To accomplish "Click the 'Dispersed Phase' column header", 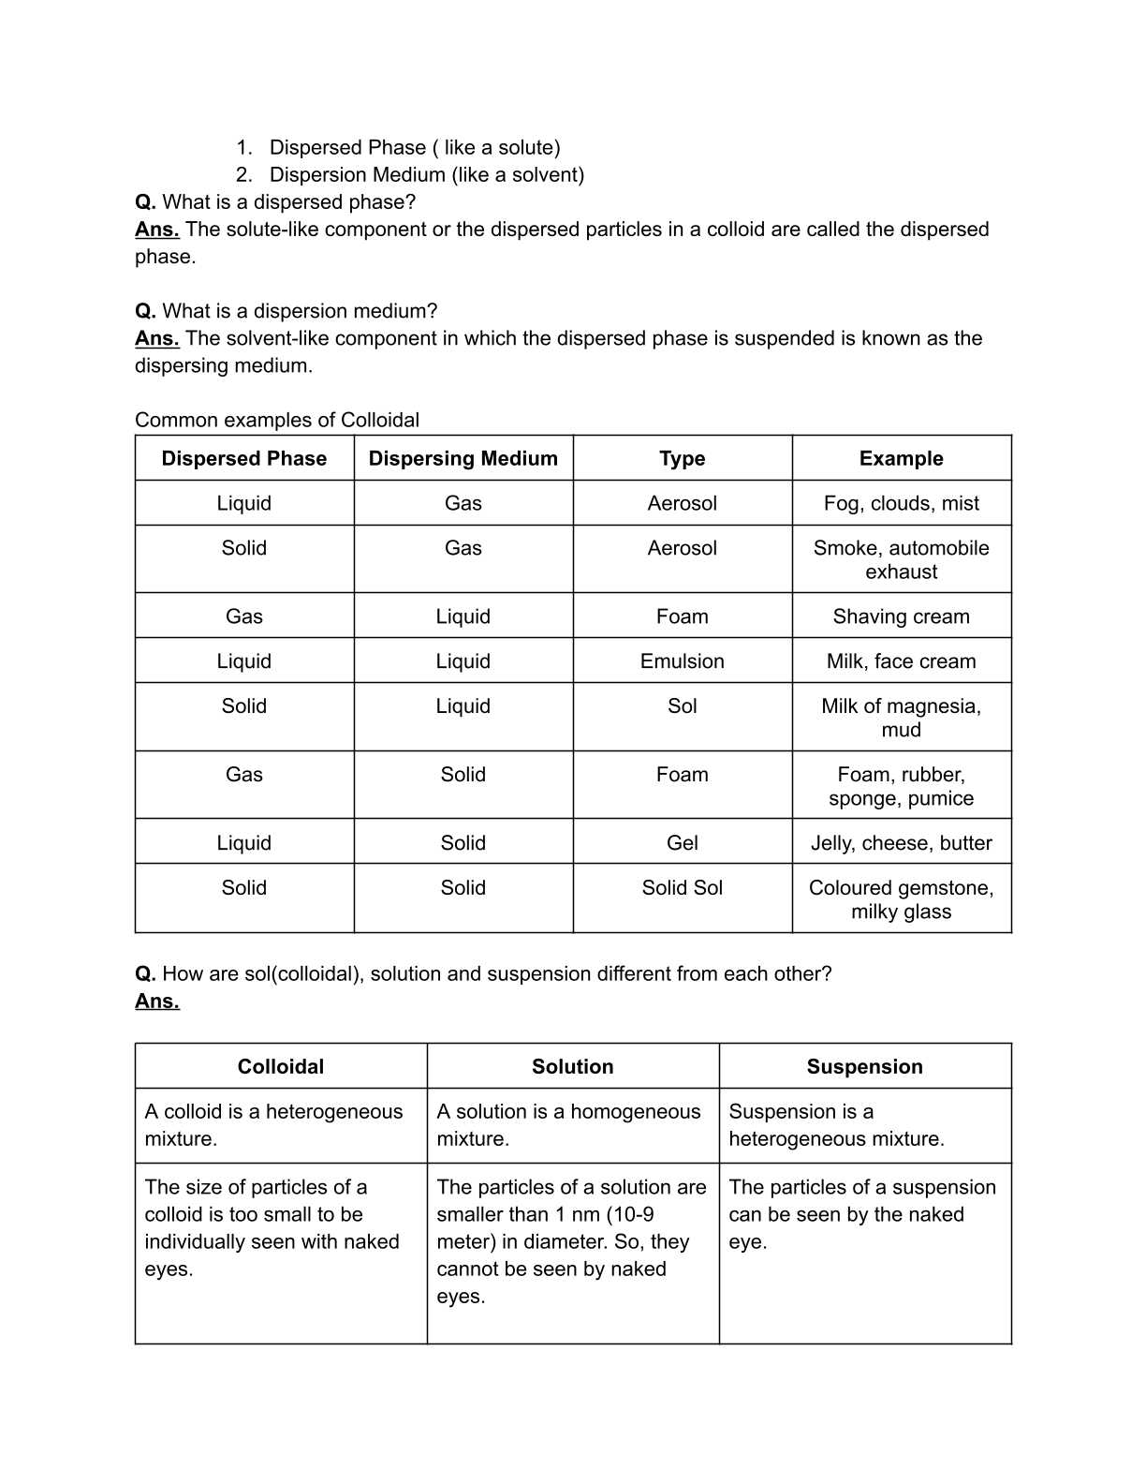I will tap(243, 458).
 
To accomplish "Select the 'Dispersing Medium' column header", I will tap(463, 458).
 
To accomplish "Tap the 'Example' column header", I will tap(901, 458).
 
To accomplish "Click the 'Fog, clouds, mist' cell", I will tap(901, 503).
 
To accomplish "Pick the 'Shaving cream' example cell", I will tap(901, 616).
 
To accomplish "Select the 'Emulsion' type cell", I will tap(682, 661).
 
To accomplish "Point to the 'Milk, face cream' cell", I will tap(901, 661).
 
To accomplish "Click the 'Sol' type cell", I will tap(682, 706).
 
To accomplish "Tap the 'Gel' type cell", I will tap(682, 843).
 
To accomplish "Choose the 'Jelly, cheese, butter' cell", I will tap(901, 843).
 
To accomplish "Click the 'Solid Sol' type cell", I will tap(682, 888).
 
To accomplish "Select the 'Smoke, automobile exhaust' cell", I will tap(901, 559).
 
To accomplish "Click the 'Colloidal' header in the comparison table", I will tap(280, 1066).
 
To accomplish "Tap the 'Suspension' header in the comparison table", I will tap(864, 1066).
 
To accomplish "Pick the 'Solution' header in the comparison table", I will tap(572, 1066).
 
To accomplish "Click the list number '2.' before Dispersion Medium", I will tap(243, 175).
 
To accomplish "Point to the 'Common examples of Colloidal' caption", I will tap(277, 420).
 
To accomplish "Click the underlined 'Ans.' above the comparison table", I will tap(157, 1002).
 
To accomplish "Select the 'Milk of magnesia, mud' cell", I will tap(901, 718).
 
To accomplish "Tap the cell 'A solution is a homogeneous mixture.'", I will tap(568, 1125).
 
